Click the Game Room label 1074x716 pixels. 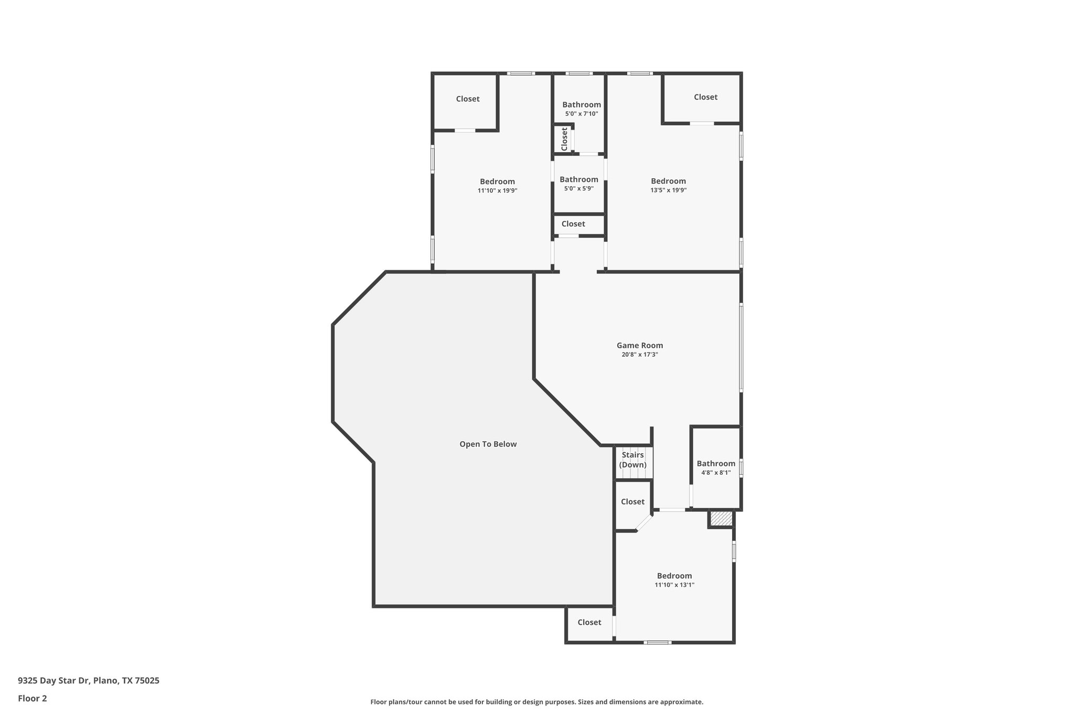coord(639,345)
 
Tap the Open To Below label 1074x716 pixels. coord(488,444)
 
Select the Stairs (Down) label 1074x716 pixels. coord(632,459)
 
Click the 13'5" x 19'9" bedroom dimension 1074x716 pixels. coord(668,190)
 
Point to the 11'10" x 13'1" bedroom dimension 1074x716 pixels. coord(674,585)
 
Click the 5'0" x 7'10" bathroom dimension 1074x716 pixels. coord(581,114)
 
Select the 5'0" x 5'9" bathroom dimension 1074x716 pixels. coord(578,189)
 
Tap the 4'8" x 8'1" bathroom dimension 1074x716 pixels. coord(716,473)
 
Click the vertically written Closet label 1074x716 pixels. coord(564,139)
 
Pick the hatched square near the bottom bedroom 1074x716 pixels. coord(721,518)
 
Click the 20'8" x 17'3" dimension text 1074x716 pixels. coord(639,355)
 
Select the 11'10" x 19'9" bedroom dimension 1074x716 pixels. coord(497,191)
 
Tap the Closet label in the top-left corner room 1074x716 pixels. coord(467,99)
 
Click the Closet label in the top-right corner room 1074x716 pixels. coord(705,97)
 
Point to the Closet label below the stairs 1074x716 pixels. coord(632,501)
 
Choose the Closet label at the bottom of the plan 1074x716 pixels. coord(589,622)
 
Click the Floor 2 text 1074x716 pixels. coord(33,698)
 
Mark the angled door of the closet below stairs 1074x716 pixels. coord(645,523)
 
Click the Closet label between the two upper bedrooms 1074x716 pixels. coord(573,224)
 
